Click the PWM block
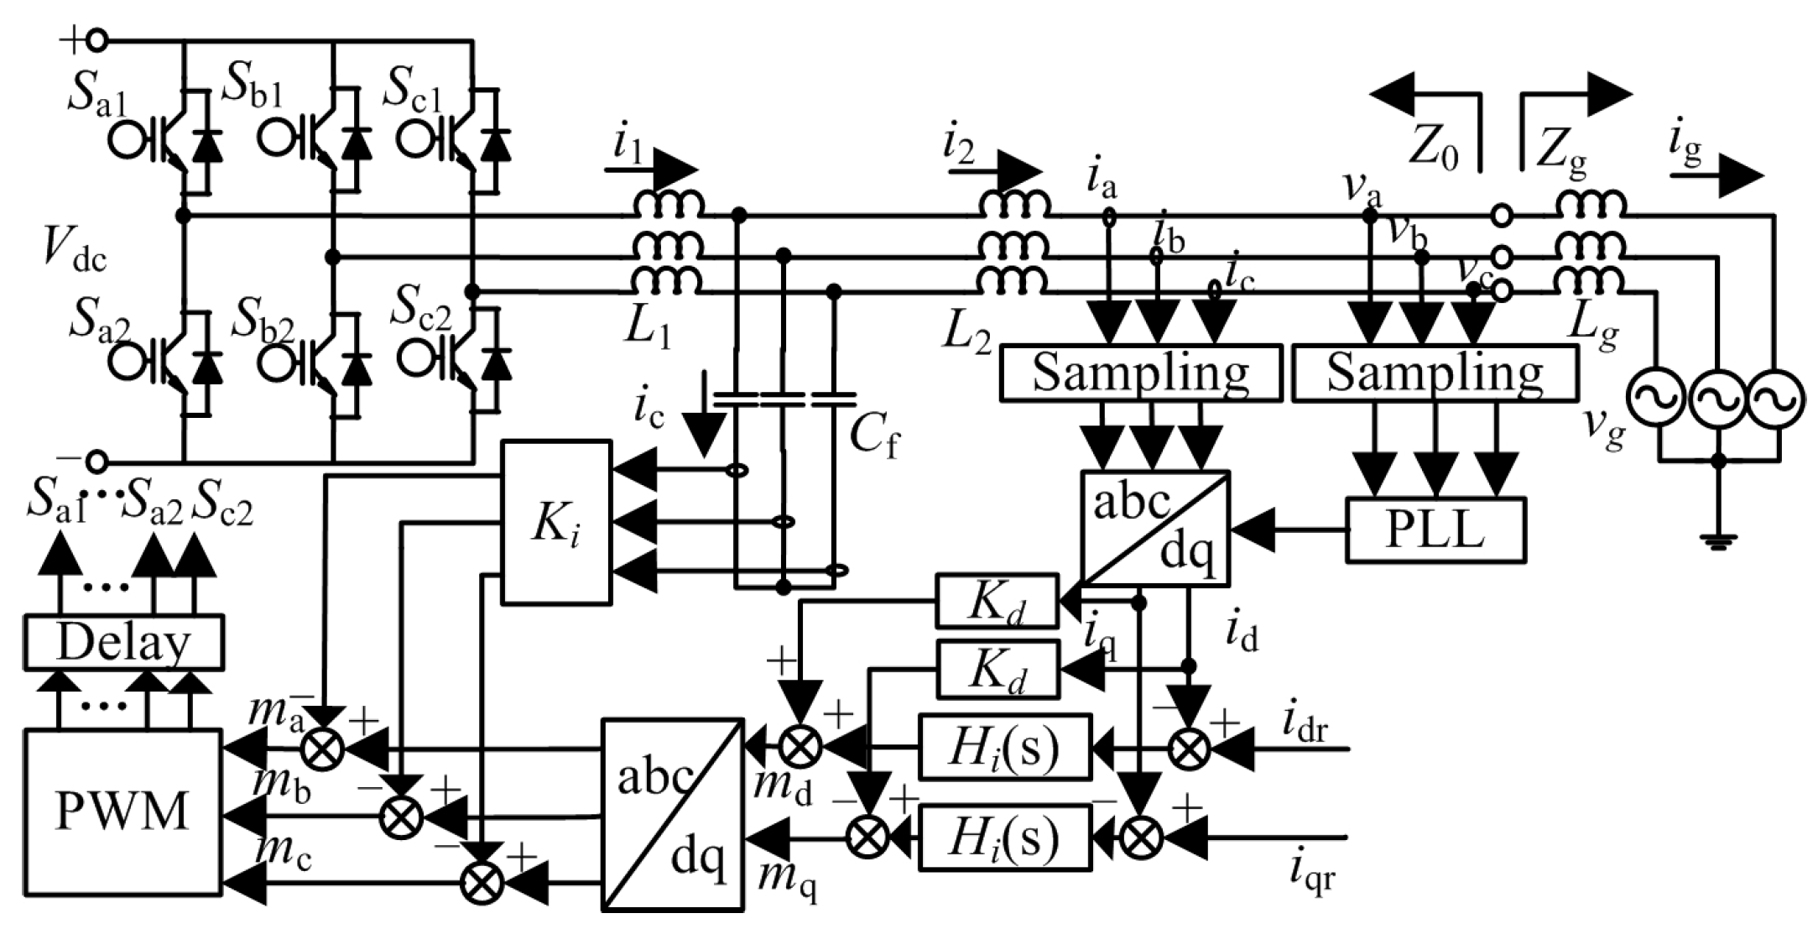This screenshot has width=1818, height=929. [x=122, y=812]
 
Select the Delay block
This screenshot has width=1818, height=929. [x=123, y=643]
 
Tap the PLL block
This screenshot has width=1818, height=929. [x=1435, y=530]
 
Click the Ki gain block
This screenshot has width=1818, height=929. [x=555, y=522]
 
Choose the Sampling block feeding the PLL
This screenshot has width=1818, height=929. [x=1435, y=373]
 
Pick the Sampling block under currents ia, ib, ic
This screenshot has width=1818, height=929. [x=1141, y=373]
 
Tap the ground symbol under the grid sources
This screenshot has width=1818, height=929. [x=1718, y=541]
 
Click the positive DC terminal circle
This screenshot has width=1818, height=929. [x=97, y=39]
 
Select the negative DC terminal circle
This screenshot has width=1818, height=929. [x=97, y=462]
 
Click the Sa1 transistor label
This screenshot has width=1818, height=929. [x=96, y=99]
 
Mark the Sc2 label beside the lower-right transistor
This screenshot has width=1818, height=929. [x=420, y=316]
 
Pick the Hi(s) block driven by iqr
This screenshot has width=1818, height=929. [x=1005, y=836]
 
